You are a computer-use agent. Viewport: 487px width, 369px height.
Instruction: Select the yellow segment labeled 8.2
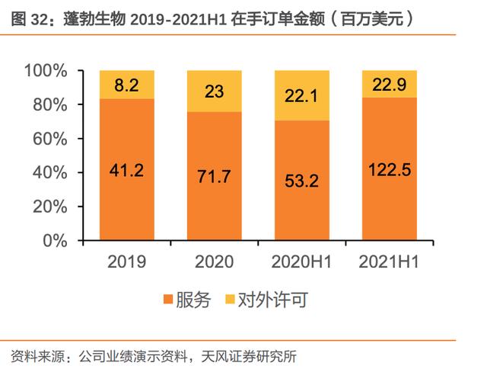point(126,85)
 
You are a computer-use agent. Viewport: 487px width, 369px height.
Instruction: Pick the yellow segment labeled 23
point(215,91)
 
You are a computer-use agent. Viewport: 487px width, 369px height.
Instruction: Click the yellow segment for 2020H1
point(302,95)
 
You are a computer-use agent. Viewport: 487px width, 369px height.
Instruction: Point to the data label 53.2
point(302,182)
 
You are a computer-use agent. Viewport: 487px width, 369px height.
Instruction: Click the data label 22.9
point(389,85)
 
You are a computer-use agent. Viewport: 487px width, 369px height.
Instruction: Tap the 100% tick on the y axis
point(46,71)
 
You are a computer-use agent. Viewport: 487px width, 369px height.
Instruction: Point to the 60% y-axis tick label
point(50,139)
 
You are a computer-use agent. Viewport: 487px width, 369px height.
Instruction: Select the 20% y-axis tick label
point(50,207)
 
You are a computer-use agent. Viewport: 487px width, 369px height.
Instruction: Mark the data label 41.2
point(126,171)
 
